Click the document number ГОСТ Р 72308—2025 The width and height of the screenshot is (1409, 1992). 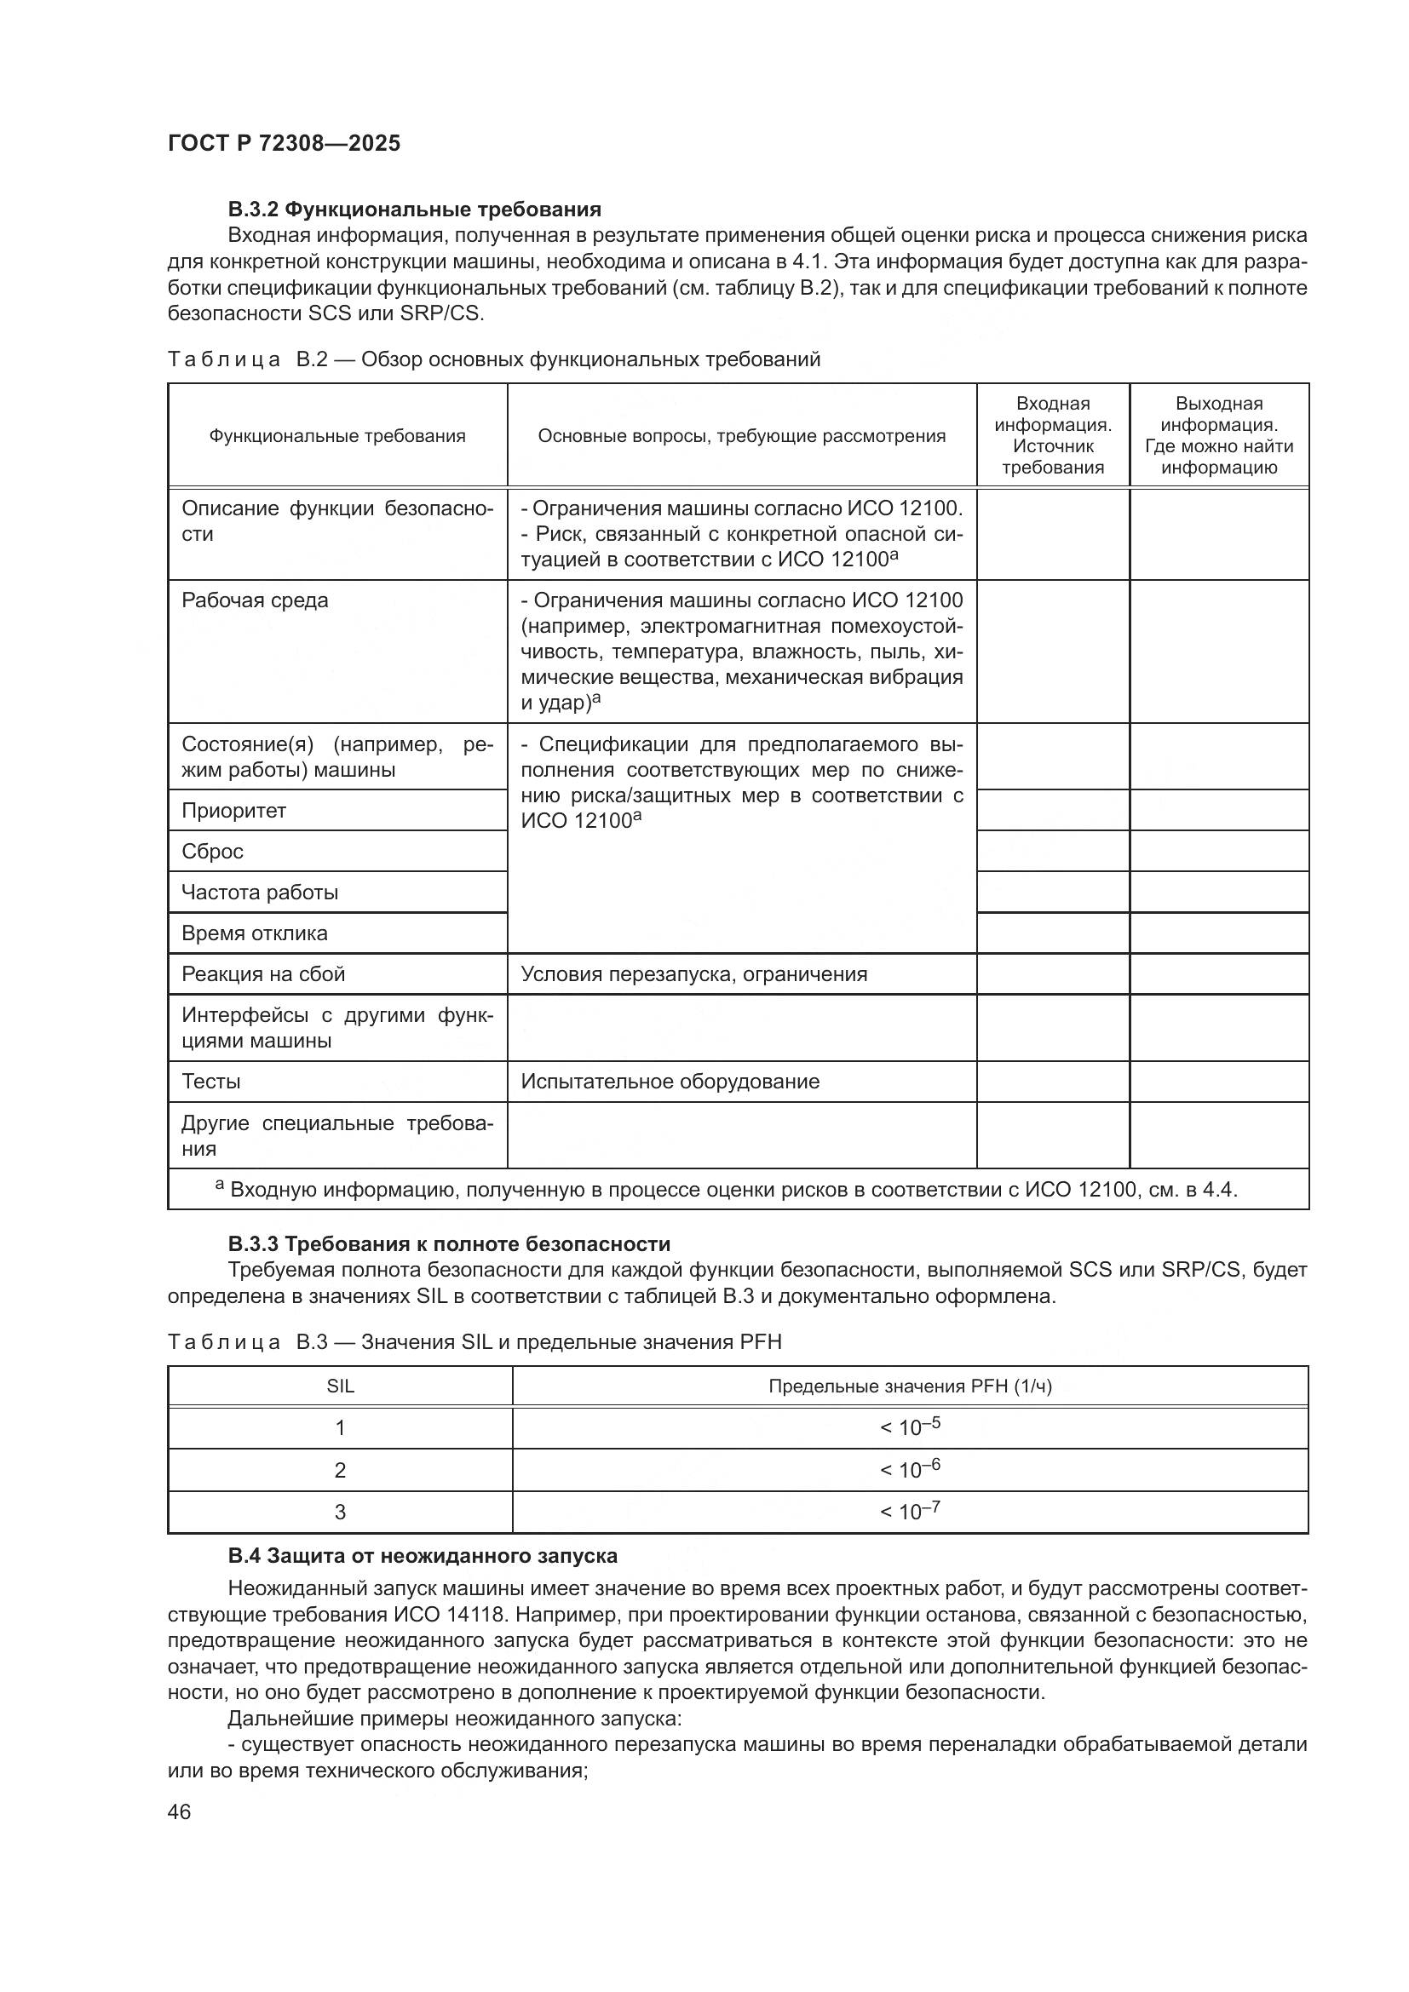pos(284,143)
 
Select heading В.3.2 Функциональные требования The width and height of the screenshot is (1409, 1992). pos(414,210)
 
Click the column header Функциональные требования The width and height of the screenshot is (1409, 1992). pos(336,435)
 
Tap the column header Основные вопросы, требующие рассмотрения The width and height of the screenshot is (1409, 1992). pos(741,435)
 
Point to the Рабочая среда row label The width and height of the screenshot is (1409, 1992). pos(254,600)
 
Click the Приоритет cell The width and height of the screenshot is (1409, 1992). pos(233,810)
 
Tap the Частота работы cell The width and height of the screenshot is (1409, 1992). pos(260,892)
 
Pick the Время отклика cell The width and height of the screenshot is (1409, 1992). pos(254,933)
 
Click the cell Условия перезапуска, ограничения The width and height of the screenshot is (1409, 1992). pos(693,974)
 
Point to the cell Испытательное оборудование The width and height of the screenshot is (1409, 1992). pos(670,1082)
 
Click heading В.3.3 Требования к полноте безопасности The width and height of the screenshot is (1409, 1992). pos(449,1244)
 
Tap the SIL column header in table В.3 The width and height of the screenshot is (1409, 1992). pos(340,1386)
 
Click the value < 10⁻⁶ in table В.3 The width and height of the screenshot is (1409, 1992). pos(909,1470)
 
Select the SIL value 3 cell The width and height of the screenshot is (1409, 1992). pos(340,1513)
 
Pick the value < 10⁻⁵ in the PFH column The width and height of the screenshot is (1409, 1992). pos(909,1427)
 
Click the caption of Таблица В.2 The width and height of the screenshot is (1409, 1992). pos(494,359)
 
